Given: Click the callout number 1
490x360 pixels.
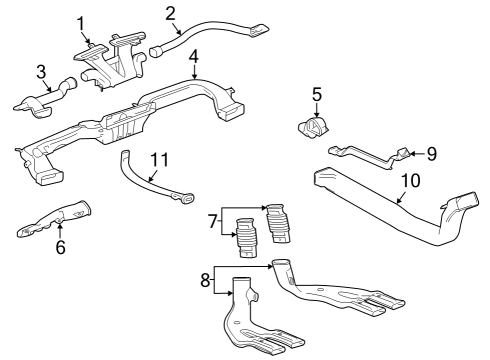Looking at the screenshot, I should (x=82, y=22).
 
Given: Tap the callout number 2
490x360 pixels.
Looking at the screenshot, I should (x=171, y=13).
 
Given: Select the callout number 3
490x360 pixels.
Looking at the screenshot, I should (x=40, y=71).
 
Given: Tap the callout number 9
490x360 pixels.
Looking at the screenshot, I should (x=432, y=154).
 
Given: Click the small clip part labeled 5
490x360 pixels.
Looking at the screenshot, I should (x=314, y=130).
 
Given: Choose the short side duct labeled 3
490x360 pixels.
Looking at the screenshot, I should (x=45, y=99).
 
